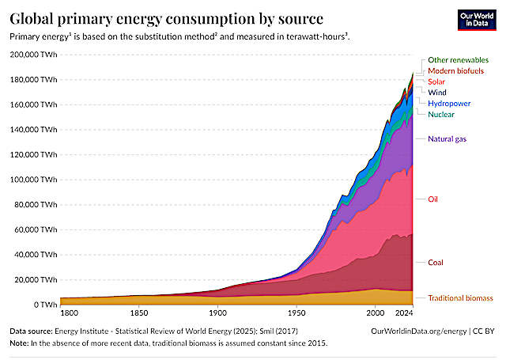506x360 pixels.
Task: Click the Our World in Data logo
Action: [x=477, y=20]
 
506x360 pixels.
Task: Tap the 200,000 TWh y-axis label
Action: [x=33, y=55]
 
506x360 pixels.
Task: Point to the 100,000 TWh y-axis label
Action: [x=33, y=180]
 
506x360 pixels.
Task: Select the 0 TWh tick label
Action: [x=46, y=305]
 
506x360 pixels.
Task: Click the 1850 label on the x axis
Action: [x=139, y=313]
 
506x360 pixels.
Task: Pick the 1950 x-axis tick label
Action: [x=296, y=313]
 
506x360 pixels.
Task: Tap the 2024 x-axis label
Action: [x=404, y=313]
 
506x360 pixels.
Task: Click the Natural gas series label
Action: [x=447, y=139]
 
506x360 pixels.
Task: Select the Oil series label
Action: [x=432, y=199]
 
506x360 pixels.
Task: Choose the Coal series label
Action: [x=436, y=263]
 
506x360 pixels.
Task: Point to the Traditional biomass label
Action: [x=460, y=298]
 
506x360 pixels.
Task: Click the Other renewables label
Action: [x=459, y=60]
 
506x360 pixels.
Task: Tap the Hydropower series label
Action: [x=449, y=104]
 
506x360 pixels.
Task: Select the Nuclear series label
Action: [x=441, y=114]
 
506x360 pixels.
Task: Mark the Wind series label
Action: [x=437, y=93]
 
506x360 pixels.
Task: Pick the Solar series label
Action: [x=436, y=81]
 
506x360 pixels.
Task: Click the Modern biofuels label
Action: [x=455, y=70]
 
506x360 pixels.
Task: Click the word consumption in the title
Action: [x=210, y=19]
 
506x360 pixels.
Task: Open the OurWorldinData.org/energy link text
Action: [x=419, y=332]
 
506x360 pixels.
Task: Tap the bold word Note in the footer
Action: [x=19, y=343]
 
